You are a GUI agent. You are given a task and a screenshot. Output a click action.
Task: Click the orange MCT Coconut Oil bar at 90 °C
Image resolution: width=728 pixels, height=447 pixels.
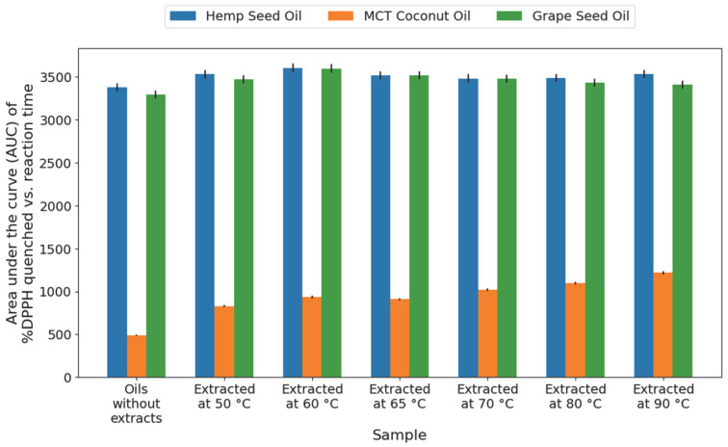pyautogui.click(x=663, y=325)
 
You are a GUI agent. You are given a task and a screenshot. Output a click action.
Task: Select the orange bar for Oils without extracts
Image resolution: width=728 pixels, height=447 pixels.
pyautogui.click(x=137, y=356)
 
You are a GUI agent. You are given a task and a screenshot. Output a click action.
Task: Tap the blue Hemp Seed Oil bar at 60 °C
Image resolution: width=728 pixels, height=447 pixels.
pyautogui.click(x=293, y=223)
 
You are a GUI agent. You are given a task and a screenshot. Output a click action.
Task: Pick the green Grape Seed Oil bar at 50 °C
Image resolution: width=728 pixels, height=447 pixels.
pyautogui.click(x=244, y=228)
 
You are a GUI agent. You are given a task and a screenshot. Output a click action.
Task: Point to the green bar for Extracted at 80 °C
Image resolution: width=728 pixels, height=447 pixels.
pyautogui.click(x=595, y=230)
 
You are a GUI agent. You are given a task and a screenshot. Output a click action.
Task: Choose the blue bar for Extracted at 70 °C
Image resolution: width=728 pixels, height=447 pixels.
pyautogui.click(x=468, y=228)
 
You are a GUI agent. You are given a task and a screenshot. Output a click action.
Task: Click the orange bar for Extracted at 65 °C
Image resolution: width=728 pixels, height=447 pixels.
pyautogui.click(x=400, y=338)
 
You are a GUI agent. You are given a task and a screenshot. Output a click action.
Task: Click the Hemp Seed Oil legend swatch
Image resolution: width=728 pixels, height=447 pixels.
pyautogui.click(x=183, y=16)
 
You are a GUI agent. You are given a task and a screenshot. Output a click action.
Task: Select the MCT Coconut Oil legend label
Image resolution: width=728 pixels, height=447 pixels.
pyautogui.click(x=417, y=16)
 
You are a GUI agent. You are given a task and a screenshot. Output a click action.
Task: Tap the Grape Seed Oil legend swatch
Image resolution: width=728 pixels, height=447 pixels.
pyautogui.click(x=509, y=16)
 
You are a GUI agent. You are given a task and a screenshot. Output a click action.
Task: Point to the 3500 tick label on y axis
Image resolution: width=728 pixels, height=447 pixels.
pyautogui.click(x=56, y=77)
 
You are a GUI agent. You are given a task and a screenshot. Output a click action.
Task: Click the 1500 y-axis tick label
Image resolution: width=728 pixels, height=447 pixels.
pyautogui.click(x=56, y=250)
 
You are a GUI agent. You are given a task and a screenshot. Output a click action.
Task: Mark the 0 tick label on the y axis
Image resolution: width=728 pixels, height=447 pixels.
pyautogui.click(x=68, y=378)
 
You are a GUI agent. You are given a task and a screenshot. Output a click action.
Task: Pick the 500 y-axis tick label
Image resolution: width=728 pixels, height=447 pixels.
pyautogui.click(x=60, y=335)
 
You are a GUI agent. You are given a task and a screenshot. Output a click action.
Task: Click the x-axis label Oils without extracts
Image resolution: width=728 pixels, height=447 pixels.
pyautogui.click(x=137, y=404)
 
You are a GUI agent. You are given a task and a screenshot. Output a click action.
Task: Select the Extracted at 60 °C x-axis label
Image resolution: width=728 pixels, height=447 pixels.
pyautogui.click(x=312, y=396)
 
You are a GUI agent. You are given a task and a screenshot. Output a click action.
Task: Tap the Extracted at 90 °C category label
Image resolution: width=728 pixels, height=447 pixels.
pyautogui.click(x=663, y=396)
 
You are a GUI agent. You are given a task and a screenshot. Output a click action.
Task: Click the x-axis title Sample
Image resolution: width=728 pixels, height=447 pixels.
pyautogui.click(x=400, y=434)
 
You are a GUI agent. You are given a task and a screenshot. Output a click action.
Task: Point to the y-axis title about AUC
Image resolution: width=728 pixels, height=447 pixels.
pyautogui.click(x=20, y=213)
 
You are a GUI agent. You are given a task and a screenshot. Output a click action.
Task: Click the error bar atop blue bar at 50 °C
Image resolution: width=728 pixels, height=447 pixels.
pyautogui.click(x=205, y=74)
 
